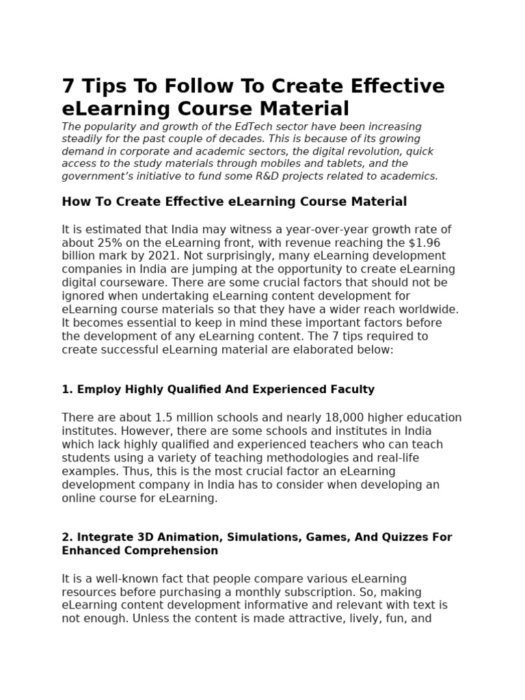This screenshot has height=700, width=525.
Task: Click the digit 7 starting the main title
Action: point(67,87)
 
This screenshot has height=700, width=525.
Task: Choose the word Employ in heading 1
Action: point(96,389)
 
